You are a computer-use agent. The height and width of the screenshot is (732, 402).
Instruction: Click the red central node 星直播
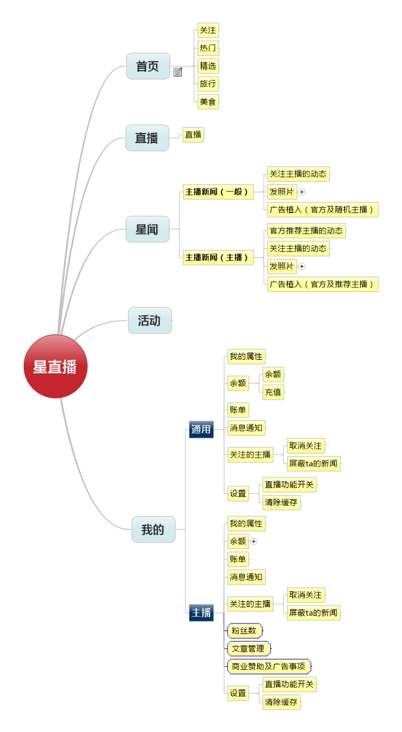tap(55, 366)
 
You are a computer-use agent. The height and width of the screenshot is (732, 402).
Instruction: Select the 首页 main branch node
tap(148, 66)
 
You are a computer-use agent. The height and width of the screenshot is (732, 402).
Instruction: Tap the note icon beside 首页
tap(178, 72)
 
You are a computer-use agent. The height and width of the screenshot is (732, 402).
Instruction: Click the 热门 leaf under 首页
tap(208, 48)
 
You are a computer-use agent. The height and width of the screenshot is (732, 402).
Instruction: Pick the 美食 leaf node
tap(208, 102)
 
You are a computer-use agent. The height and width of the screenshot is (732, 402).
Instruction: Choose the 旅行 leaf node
tap(208, 84)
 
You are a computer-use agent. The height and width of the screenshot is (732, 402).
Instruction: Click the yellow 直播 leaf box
tap(193, 135)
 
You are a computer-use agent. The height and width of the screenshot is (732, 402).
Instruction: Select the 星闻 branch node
tap(147, 229)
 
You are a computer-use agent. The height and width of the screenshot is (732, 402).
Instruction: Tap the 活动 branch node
tap(150, 321)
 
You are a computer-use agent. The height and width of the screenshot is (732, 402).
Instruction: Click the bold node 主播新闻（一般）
tap(218, 192)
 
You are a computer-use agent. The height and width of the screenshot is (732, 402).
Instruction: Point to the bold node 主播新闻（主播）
tap(218, 257)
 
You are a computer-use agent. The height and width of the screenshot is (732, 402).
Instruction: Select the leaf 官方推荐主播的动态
tap(306, 230)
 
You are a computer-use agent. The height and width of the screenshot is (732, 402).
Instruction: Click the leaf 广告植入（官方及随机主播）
tap(322, 209)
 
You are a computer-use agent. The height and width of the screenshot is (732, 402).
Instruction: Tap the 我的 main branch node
tap(153, 530)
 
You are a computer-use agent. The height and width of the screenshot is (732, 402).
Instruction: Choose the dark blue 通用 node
tap(201, 429)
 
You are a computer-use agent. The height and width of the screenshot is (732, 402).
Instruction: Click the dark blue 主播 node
tap(201, 612)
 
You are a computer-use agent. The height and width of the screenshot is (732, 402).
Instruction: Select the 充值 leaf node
tap(273, 392)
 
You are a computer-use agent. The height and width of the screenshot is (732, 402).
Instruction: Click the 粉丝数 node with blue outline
tap(244, 630)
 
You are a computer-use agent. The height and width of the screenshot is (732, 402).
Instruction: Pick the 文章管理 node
tap(248, 648)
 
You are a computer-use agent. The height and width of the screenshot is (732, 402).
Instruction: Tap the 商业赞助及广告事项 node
tap(268, 666)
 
